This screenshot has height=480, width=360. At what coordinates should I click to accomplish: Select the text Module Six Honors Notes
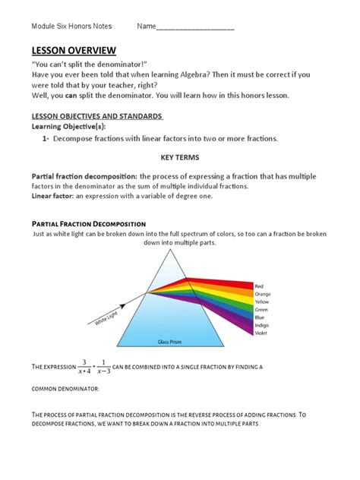[x=71, y=26]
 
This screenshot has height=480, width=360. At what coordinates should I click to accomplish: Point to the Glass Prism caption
[x=171, y=343]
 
